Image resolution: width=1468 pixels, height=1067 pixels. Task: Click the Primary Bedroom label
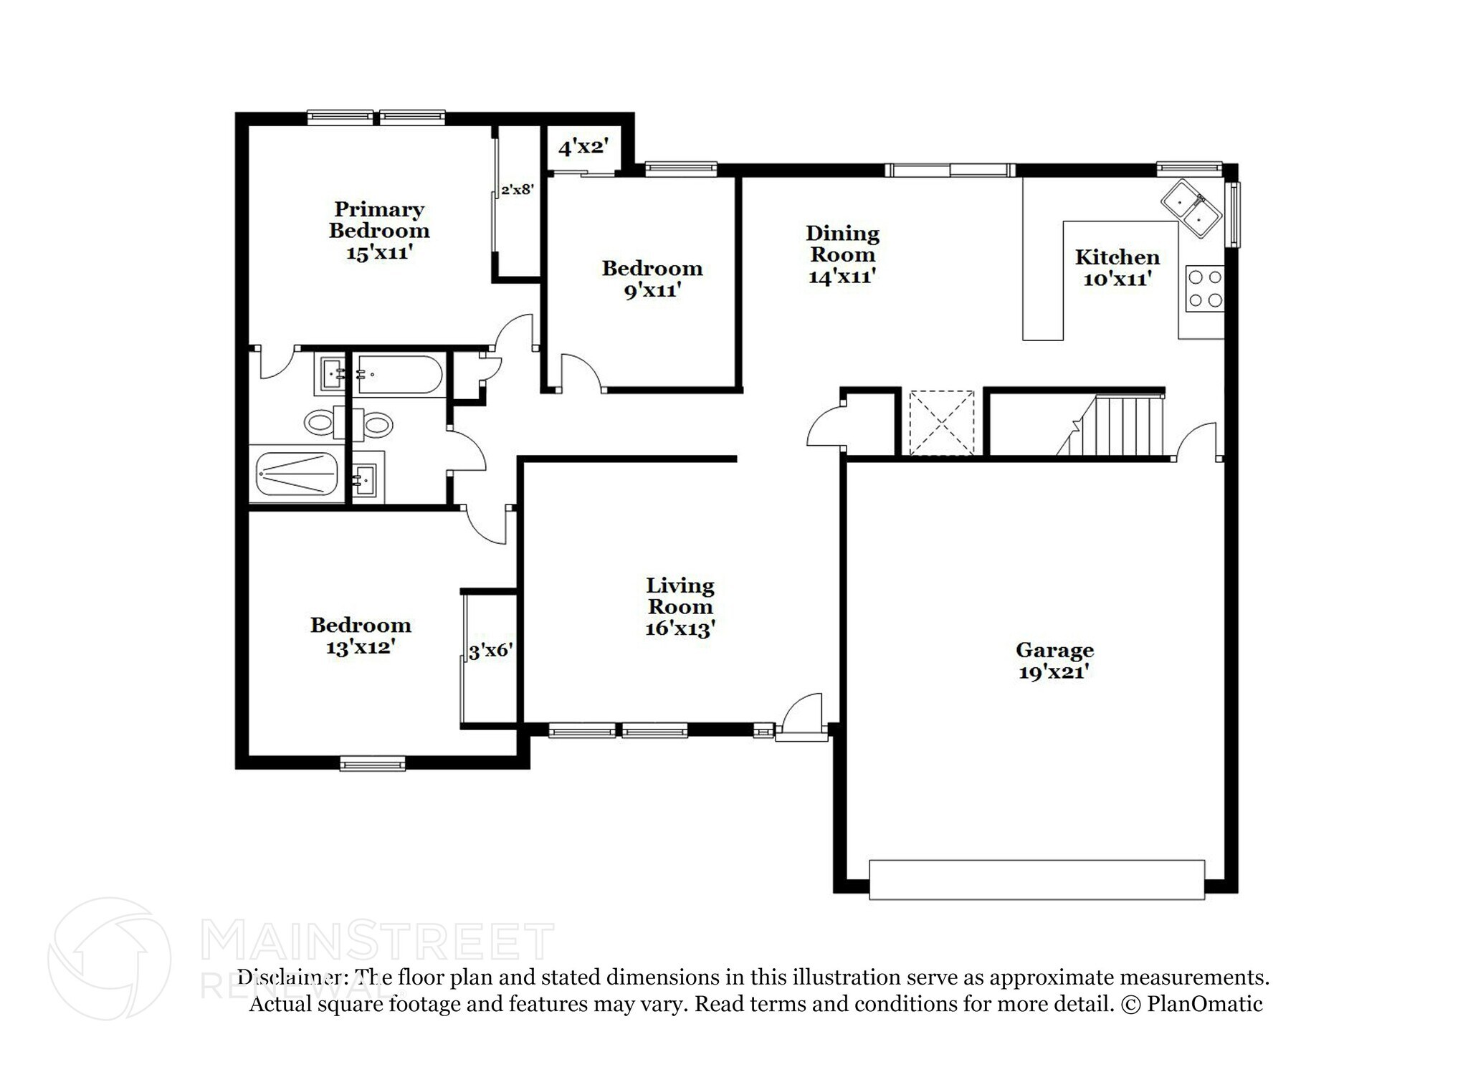coord(378,220)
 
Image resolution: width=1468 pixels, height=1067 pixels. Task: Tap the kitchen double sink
coord(1191,208)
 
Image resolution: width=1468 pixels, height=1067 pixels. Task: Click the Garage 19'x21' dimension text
coord(1054,672)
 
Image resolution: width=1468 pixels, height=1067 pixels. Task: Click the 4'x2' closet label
coord(583,148)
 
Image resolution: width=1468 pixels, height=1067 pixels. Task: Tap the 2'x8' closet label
coord(517,190)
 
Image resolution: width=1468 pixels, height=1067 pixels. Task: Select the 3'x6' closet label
coord(490,651)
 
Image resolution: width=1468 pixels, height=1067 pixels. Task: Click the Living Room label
coord(680,596)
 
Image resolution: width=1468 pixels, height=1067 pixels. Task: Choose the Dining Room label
coord(842,244)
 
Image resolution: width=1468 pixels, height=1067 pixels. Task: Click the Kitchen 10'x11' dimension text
coord(1117,279)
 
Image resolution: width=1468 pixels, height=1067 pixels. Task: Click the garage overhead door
coord(1036,880)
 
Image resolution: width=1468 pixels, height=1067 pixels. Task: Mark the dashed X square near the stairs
coord(942,423)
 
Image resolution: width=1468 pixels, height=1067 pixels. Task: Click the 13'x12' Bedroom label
coord(360,636)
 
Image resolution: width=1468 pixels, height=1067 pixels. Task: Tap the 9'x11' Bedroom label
coord(652,279)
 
